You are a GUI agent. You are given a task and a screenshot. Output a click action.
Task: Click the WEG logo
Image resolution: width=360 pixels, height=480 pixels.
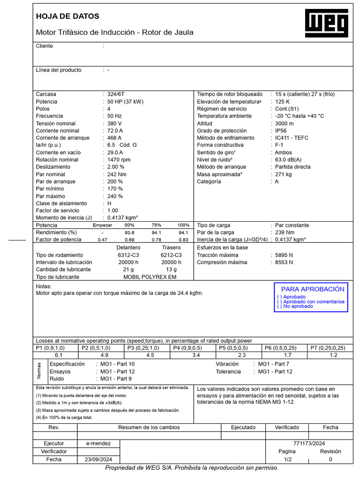(327, 24)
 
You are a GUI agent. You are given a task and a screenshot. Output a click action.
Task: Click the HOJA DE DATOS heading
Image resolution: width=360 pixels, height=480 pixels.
(67, 16)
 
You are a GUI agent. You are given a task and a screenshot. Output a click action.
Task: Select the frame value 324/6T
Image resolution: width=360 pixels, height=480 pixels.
(115, 94)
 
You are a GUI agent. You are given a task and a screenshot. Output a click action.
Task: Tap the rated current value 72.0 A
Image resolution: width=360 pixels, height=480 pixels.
(115, 131)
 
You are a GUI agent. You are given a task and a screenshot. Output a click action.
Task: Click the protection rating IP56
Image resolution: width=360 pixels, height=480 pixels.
(281, 131)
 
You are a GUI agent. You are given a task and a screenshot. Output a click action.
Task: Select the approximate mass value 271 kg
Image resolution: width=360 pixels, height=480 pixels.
(283, 174)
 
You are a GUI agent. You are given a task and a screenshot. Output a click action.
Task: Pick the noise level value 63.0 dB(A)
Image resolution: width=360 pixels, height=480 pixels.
(288, 160)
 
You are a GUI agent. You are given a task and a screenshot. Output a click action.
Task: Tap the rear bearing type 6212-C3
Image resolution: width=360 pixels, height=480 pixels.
(171, 255)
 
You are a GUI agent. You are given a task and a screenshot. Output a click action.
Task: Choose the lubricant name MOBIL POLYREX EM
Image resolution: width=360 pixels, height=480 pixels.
(150, 277)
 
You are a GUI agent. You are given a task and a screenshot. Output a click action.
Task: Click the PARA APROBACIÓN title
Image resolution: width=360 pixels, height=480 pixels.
(313, 289)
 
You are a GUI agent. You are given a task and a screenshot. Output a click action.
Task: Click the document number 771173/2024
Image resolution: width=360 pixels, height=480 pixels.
(309, 443)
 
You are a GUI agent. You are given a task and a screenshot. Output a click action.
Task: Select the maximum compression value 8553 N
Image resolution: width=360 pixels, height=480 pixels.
(284, 262)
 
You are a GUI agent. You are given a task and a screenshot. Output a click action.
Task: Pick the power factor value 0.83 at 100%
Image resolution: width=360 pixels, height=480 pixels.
(183, 240)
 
